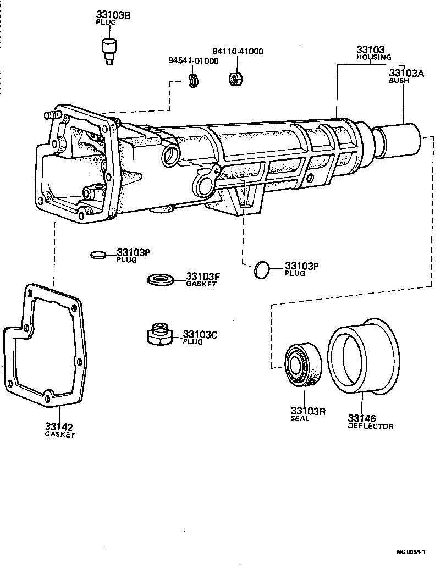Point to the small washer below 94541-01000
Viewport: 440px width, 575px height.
pyautogui.click(x=193, y=80)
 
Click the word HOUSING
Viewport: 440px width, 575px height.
pyautogui.click(x=373, y=57)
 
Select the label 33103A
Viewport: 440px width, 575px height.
pyautogui.click(x=407, y=73)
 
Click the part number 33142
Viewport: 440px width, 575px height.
pyautogui.click(x=59, y=427)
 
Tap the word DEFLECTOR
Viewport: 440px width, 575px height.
pyautogui.click(x=370, y=426)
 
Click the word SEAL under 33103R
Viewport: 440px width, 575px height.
pyautogui.click(x=300, y=418)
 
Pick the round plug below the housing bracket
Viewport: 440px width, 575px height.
pyautogui.click(x=262, y=270)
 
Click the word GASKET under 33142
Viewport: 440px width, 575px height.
pyautogui.click(x=59, y=434)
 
